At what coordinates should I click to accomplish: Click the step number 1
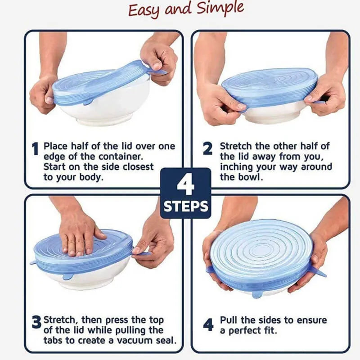point(35,148)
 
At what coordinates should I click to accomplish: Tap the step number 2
point(207,148)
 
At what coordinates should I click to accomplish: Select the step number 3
point(36,322)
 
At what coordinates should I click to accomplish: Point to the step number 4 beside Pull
point(208,324)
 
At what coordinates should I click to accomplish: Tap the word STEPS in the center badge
point(186,207)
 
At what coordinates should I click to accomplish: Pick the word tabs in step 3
point(54,340)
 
